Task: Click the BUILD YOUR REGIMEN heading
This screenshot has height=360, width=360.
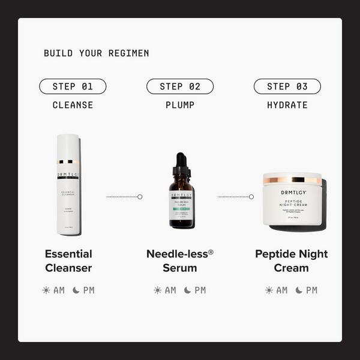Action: point(96,53)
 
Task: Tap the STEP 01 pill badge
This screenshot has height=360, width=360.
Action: point(73,86)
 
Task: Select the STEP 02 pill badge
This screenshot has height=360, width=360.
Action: point(180,86)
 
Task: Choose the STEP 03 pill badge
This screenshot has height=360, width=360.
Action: point(287,86)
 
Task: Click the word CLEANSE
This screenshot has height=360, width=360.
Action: point(73,105)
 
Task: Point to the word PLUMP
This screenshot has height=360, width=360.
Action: point(180,105)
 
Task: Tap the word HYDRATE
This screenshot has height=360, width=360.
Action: point(287,105)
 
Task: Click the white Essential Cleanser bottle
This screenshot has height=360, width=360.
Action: point(68,192)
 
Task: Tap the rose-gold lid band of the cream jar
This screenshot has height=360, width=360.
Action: point(292,179)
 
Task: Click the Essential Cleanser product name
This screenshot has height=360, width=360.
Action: point(68,260)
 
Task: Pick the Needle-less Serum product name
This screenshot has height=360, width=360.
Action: point(180,260)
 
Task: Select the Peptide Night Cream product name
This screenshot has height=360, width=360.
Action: point(292,260)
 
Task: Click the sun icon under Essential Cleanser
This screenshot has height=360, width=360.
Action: point(46,290)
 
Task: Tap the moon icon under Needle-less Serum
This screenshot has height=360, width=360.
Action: point(188,290)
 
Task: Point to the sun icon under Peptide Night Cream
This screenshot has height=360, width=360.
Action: point(269,290)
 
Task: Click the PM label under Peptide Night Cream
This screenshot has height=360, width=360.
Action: point(311,290)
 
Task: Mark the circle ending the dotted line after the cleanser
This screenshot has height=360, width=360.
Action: point(140,196)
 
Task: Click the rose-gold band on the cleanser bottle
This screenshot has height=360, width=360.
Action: point(68,161)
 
